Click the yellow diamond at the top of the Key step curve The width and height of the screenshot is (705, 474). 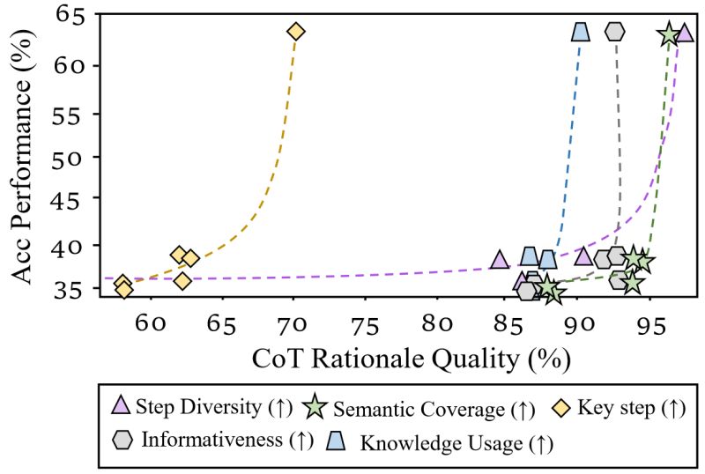295,32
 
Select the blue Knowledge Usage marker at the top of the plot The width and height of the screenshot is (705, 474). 580,32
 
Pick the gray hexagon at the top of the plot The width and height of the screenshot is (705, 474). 615,31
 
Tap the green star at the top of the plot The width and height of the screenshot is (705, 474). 669,34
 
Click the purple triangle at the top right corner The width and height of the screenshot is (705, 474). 685,33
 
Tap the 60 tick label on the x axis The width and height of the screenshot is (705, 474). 151,323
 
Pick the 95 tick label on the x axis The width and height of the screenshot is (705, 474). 649,323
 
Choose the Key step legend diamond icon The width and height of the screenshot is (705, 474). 561,407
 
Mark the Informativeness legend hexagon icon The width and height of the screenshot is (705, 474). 124,438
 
